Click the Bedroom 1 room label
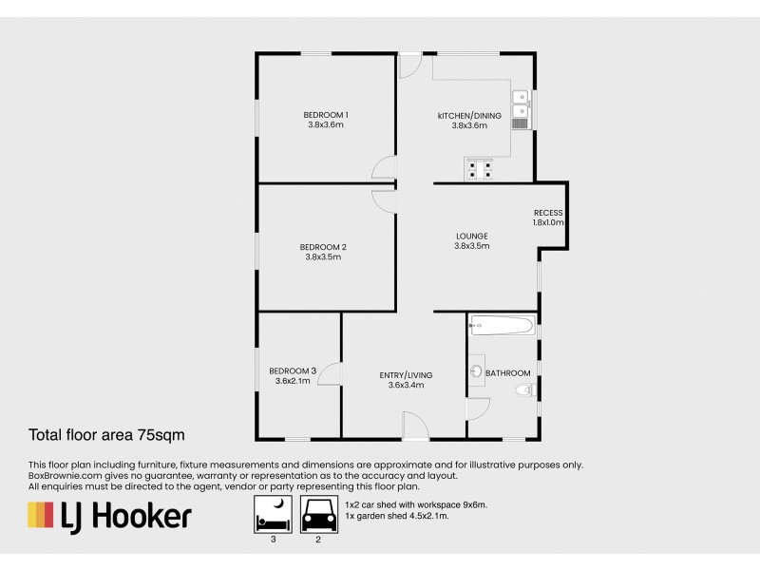coord(325,115)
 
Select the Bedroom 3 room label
coord(293,370)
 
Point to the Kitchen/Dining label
coord(469,115)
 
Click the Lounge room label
coord(471,237)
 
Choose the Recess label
coord(548,213)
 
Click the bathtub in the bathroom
coord(502,327)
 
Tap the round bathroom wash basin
coord(477,371)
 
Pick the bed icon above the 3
coord(273,518)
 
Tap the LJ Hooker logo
coord(109,516)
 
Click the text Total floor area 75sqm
coord(104,436)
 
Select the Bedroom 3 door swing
coord(330,373)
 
